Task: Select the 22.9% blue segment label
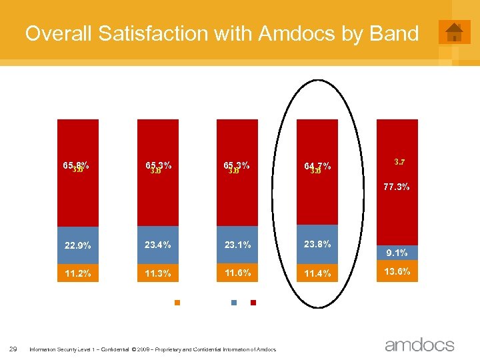[x=78, y=245]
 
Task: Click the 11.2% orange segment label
[x=78, y=273]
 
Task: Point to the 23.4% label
[x=158, y=245]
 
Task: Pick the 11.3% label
[x=158, y=273]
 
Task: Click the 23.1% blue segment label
[x=237, y=245]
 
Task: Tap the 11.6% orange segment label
[x=237, y=272]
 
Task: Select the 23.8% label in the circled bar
[x=317, y=244]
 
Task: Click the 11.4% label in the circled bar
[x=317, y=273]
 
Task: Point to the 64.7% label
[x=317, y=166]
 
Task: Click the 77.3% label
[x=397, y=187]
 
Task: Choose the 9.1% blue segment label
[x=397, y=253]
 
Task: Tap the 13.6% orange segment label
[x=397, y=271]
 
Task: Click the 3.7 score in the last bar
[x=400, y=161]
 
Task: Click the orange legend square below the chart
[x=177, y=303]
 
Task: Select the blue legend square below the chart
[x=234, y=303]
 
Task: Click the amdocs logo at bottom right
[x=419, y=345]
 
